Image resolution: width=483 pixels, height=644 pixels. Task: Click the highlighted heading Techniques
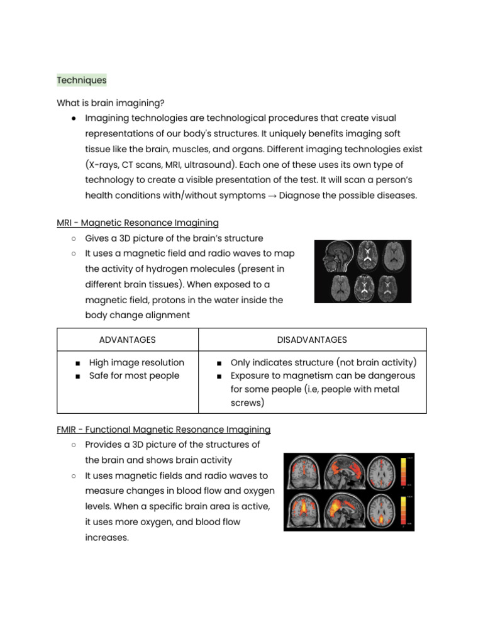point(82,80)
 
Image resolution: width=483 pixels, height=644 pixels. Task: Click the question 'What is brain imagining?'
point(110,103)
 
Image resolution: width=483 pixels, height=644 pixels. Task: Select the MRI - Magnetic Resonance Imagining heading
point(138,223)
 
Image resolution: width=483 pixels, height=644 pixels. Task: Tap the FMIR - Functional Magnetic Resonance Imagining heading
point(164,430)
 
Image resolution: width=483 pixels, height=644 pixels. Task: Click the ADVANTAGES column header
point(128,340)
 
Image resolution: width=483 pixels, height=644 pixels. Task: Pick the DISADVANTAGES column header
point(312,340)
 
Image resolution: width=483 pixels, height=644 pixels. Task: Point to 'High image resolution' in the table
point(136,362)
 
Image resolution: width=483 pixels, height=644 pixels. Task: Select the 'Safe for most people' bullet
point(134,375)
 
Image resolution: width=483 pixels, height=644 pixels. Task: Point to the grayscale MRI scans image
point(363,271)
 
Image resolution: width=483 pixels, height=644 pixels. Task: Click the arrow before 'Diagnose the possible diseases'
point(272,196)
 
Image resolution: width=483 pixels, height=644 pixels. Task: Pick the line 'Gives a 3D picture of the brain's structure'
point(174,238)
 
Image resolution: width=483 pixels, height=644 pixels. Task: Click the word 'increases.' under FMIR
point(107,538)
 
